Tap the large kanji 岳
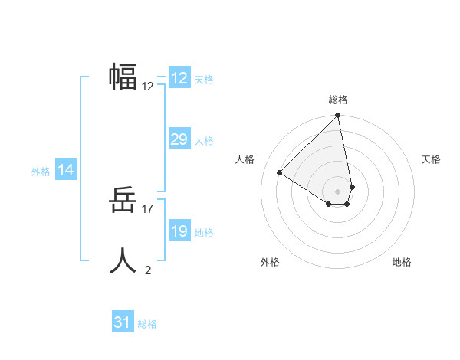[x=123, y=201]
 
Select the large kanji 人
[x=123, y=260]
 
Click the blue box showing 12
[x=179, y=78]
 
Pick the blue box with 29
[x=179, y=139]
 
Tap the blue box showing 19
[x=179, y=231]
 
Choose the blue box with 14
[x=66, y=170]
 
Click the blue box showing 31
[x=123, y=322]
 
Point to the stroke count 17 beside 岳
[x=149, y=208]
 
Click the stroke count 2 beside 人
[x=148, y=270]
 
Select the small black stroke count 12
[x=148, y=87]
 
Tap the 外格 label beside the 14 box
[x=41, y=172]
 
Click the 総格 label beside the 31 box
[x=147, y=324]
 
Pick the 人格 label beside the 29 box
[x=204, y=141]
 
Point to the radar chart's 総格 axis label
[x=338, y=100]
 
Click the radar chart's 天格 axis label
[x=431, y=159]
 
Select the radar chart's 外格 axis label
[x=270, y=262]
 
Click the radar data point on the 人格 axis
[x=280, y=172]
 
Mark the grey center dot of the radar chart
[x=338, y=191]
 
